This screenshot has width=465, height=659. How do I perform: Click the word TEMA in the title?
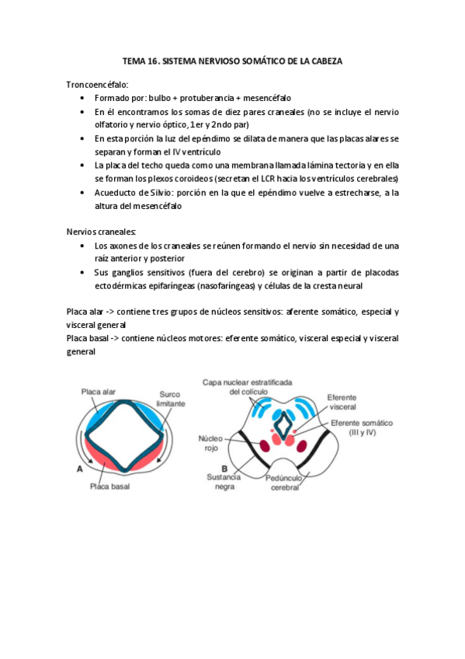coord(135,60)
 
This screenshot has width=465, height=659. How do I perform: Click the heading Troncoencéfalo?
coord(98,84)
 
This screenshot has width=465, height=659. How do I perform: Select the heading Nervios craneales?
coord(102,231)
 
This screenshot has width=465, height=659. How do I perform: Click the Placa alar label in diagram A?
coord(98,392)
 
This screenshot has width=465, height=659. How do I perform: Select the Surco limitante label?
coord(169,399)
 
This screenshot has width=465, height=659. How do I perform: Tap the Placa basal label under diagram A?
coord(109,486)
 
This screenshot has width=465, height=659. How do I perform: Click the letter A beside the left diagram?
coord(78,469)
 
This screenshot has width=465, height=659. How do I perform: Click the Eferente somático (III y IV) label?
coord(362,427)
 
